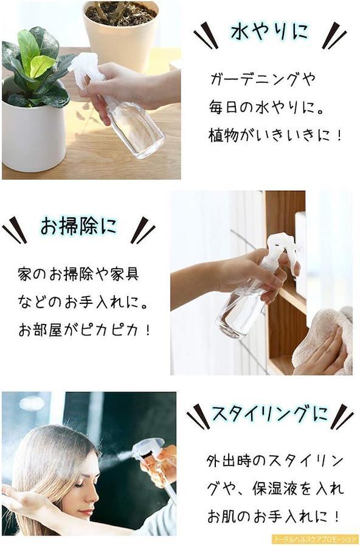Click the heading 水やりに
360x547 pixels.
[269, 32]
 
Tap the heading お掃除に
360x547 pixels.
[78, 226]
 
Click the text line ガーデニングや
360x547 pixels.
[262, 79]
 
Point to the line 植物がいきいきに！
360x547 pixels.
[274, 135]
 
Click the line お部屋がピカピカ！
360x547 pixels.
[84, 330]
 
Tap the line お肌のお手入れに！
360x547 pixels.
[274, 516]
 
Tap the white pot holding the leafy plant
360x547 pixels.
[33, 132]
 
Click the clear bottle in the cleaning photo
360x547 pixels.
[241, 311]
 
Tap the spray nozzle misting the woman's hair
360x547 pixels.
[147, 448]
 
